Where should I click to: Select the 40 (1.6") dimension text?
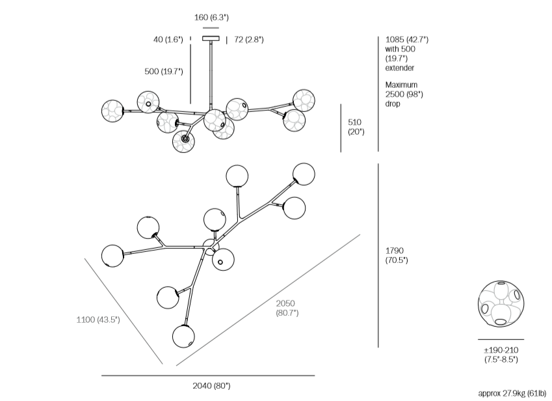[167, 40]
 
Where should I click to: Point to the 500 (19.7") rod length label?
[164, 72]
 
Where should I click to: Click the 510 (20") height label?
[355, 127]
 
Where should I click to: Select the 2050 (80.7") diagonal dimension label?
[286, 308]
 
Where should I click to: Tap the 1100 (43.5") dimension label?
[98, 320]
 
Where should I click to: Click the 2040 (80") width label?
[208, 386]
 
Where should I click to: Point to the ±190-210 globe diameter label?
[501, 355]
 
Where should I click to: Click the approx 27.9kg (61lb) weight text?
[512, 393]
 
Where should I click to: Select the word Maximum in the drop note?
[401, 85]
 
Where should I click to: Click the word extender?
[399, 68]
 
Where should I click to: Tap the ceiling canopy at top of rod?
[211, 38]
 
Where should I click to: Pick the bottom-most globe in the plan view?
[183, 337]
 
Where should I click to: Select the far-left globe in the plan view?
[112, 255]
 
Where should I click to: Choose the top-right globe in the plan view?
[304, 174]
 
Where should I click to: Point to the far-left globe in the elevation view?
[113, 110]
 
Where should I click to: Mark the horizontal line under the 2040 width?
[208, 376]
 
